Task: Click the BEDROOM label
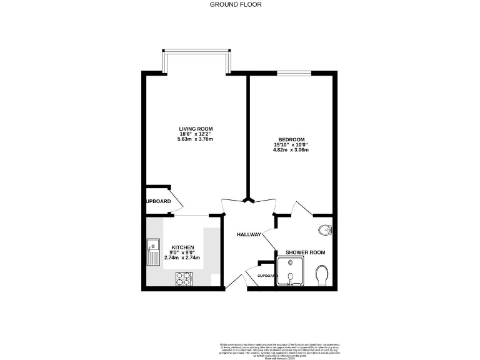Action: [x=291, y=139]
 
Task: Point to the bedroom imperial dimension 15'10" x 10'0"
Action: [x=291, y=145]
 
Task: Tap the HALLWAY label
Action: [x=248, y=234]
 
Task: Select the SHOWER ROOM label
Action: [x=306, y=252]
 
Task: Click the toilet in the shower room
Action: [x=322, y=274]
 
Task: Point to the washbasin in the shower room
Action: [x=326, y=231]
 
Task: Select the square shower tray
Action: [x=291, y=272]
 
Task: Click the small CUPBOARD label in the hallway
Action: [x=267, y=275]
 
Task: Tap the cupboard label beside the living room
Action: [x=157, y=201]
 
